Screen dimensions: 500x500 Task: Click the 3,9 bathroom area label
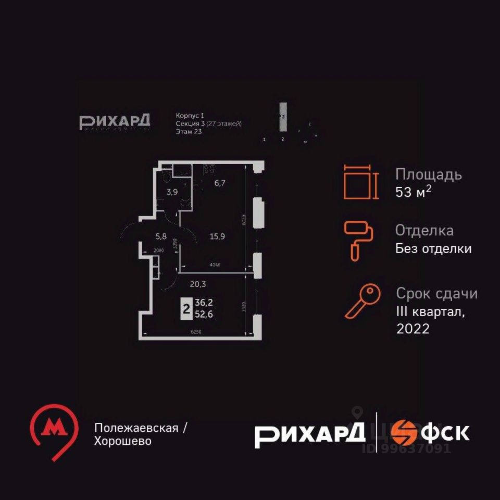pos(172,192)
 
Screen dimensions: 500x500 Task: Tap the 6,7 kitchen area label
pos(215,183)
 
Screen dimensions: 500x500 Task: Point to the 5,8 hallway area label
pos(160,235)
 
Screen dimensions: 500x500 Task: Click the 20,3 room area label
pos(197,284)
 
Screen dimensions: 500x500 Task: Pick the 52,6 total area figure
pos(204,314)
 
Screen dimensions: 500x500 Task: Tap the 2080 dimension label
pos(159,251)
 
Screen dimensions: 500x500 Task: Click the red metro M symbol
pos(53,428)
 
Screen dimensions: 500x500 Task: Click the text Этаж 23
pos(189,132)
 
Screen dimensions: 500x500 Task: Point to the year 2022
pos(413,329)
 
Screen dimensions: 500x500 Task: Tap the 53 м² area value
pos(414,192)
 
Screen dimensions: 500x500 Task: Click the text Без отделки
pos(433,248)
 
